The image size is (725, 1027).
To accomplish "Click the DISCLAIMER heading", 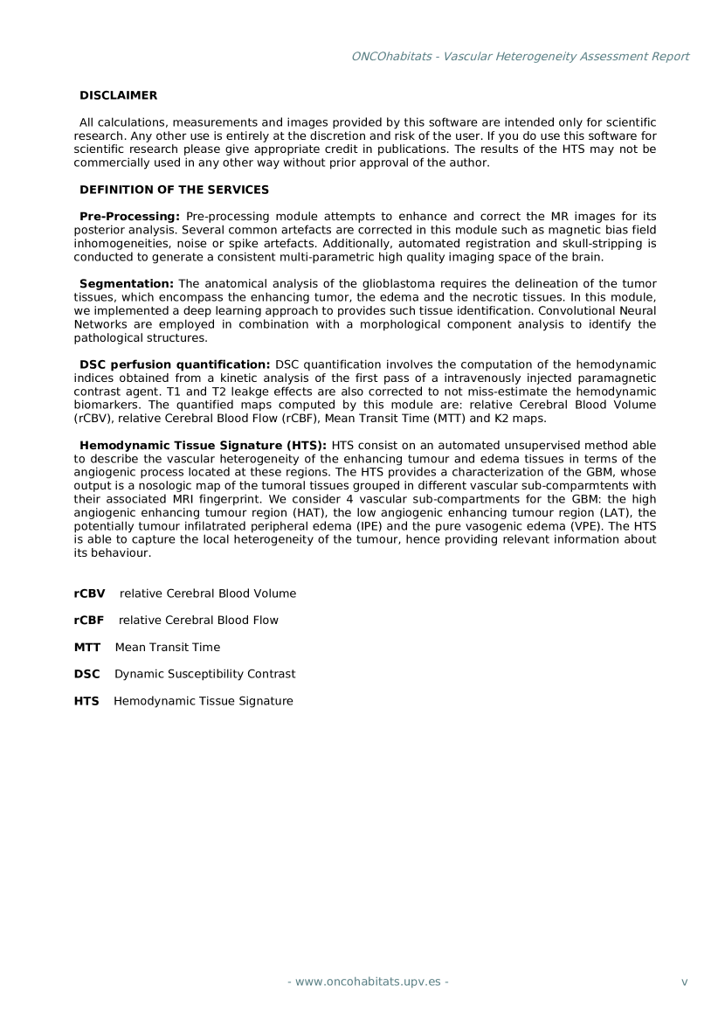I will click(118, 94).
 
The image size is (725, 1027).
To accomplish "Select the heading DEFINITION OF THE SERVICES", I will click(174, 190).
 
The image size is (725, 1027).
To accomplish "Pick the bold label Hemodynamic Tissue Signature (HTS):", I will click(203, 445).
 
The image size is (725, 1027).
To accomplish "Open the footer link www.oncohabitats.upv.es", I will click(369, 982).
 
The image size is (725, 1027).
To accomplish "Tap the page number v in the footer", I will click(684, 982).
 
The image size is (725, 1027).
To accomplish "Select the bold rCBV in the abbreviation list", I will click(89, 593).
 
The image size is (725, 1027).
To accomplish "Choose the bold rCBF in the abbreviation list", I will click(89, 621).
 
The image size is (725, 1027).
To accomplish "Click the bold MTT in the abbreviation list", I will click(87, 648).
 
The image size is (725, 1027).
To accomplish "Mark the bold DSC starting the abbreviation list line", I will click(87, 674).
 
